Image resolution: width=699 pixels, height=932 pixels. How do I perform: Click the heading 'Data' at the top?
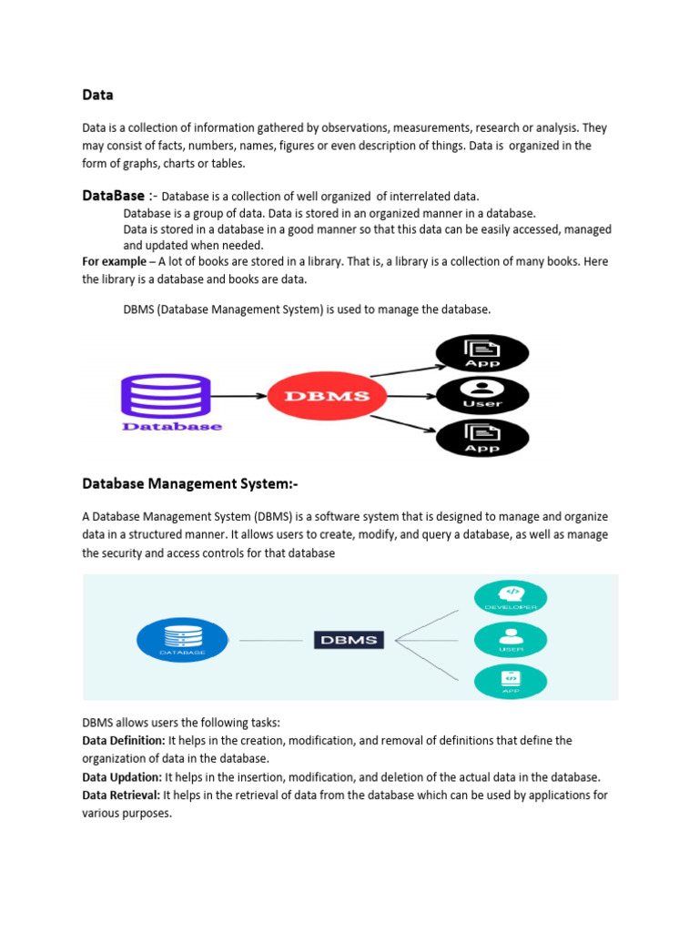click(x=97, y=95)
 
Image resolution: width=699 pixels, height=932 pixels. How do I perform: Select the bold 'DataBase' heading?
click(x=113, y=196)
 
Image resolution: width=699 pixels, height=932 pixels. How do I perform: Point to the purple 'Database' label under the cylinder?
click(x=172, y=426)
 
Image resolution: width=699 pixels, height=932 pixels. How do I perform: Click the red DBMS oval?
click(x=328, y=396)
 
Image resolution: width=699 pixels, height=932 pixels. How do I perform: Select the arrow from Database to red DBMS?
click(x=238, y=396)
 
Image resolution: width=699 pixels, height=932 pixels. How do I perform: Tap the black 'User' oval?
click(x=482, y=396)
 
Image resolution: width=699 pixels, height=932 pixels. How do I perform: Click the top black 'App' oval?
click(x=482, y=354)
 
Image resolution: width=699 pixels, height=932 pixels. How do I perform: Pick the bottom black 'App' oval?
click(x=482, y=438)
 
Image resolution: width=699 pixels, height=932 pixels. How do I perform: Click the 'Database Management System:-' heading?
click(x=190, y=482)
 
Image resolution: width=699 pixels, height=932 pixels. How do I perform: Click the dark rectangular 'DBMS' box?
click(x=349, y=640)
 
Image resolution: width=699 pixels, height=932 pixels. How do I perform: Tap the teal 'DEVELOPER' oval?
click(x=511, y=597)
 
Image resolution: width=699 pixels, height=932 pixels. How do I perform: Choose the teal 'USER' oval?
click(x=511, y=640)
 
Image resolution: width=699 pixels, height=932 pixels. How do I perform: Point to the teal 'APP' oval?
click(x=511, y=682)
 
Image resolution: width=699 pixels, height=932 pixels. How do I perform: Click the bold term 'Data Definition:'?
click(x=124, y=741)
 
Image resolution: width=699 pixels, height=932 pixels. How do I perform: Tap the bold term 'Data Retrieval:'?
click(x=121, y=795)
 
